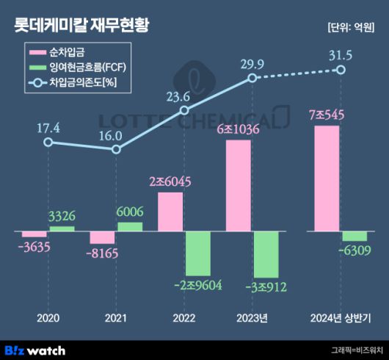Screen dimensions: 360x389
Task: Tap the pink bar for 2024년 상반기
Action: click(x=327, y=179)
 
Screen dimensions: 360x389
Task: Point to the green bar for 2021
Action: click(x=130, y=227)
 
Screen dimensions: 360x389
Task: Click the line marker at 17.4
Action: click(x=48, y=142)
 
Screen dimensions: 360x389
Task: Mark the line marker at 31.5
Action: click(x=340, y=70)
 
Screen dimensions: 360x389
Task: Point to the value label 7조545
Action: click(x=327, y=115)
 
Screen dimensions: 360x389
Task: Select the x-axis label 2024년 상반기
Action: click(x=339, y=318)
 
